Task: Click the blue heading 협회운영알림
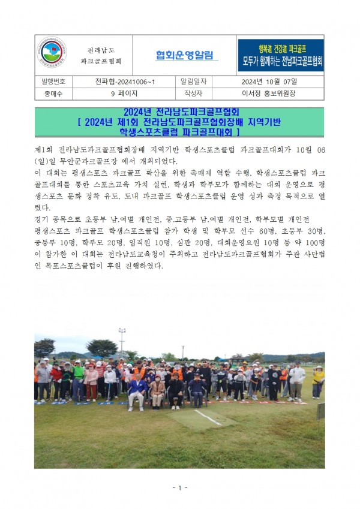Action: [x=184, y=56]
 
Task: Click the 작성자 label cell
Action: [x=189, y=94]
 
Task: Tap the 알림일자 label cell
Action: [x=189, y=81]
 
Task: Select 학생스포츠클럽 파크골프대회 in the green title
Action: [x=180, y=131]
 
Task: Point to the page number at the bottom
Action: [x=179, y=487]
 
